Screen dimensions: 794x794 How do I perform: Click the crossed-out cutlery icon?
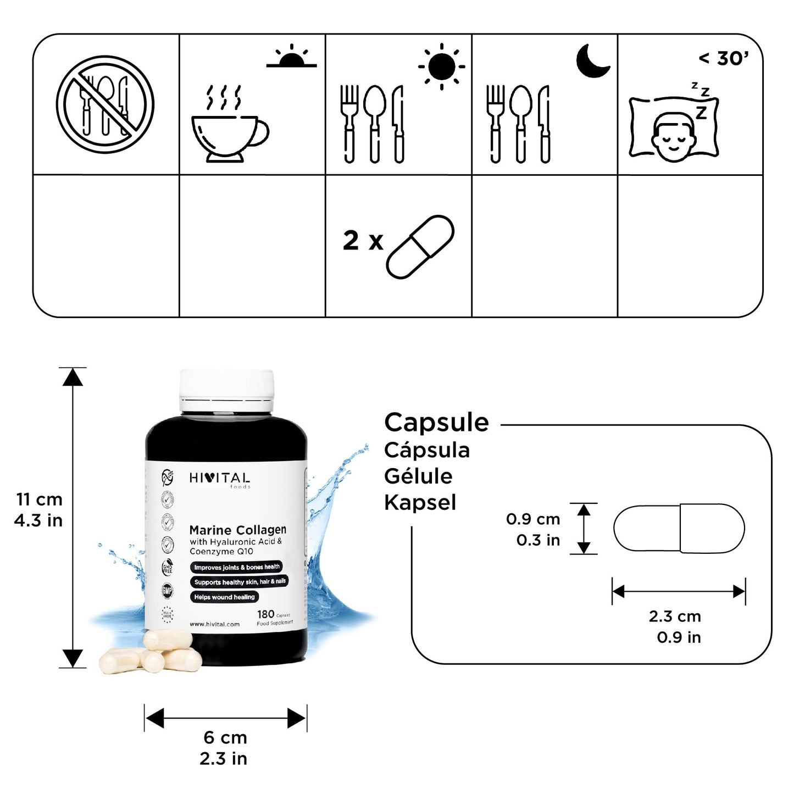tap(105, 104)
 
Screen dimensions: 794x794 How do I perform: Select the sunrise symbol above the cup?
tap(292, 57)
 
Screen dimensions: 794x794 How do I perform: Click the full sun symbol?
tap(441, 66)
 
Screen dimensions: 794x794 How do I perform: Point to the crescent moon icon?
tap(592, 60)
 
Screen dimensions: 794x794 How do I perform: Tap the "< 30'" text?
tap(723, 58)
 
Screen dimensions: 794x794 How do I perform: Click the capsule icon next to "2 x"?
tap(420, 247)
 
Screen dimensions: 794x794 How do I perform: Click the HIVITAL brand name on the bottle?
tap(219, 479)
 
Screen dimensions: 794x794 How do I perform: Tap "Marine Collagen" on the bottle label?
tap(237, 530)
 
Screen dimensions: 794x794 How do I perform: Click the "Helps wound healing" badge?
tap(224, 597)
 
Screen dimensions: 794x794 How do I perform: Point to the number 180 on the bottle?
tap(265, 614)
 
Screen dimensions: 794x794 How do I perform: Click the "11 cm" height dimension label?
tap(39, 499)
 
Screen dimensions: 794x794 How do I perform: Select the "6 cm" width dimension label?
tap(225, 737)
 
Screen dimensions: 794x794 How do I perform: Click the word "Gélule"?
tap(418, 476)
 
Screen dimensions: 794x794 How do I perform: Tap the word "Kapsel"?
tap(420, 502)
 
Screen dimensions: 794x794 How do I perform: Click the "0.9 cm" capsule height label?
tap(532, 519)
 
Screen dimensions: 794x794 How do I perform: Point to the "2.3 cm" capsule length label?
tap(675, 617)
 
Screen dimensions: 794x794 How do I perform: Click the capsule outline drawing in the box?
tap(679, 528)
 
